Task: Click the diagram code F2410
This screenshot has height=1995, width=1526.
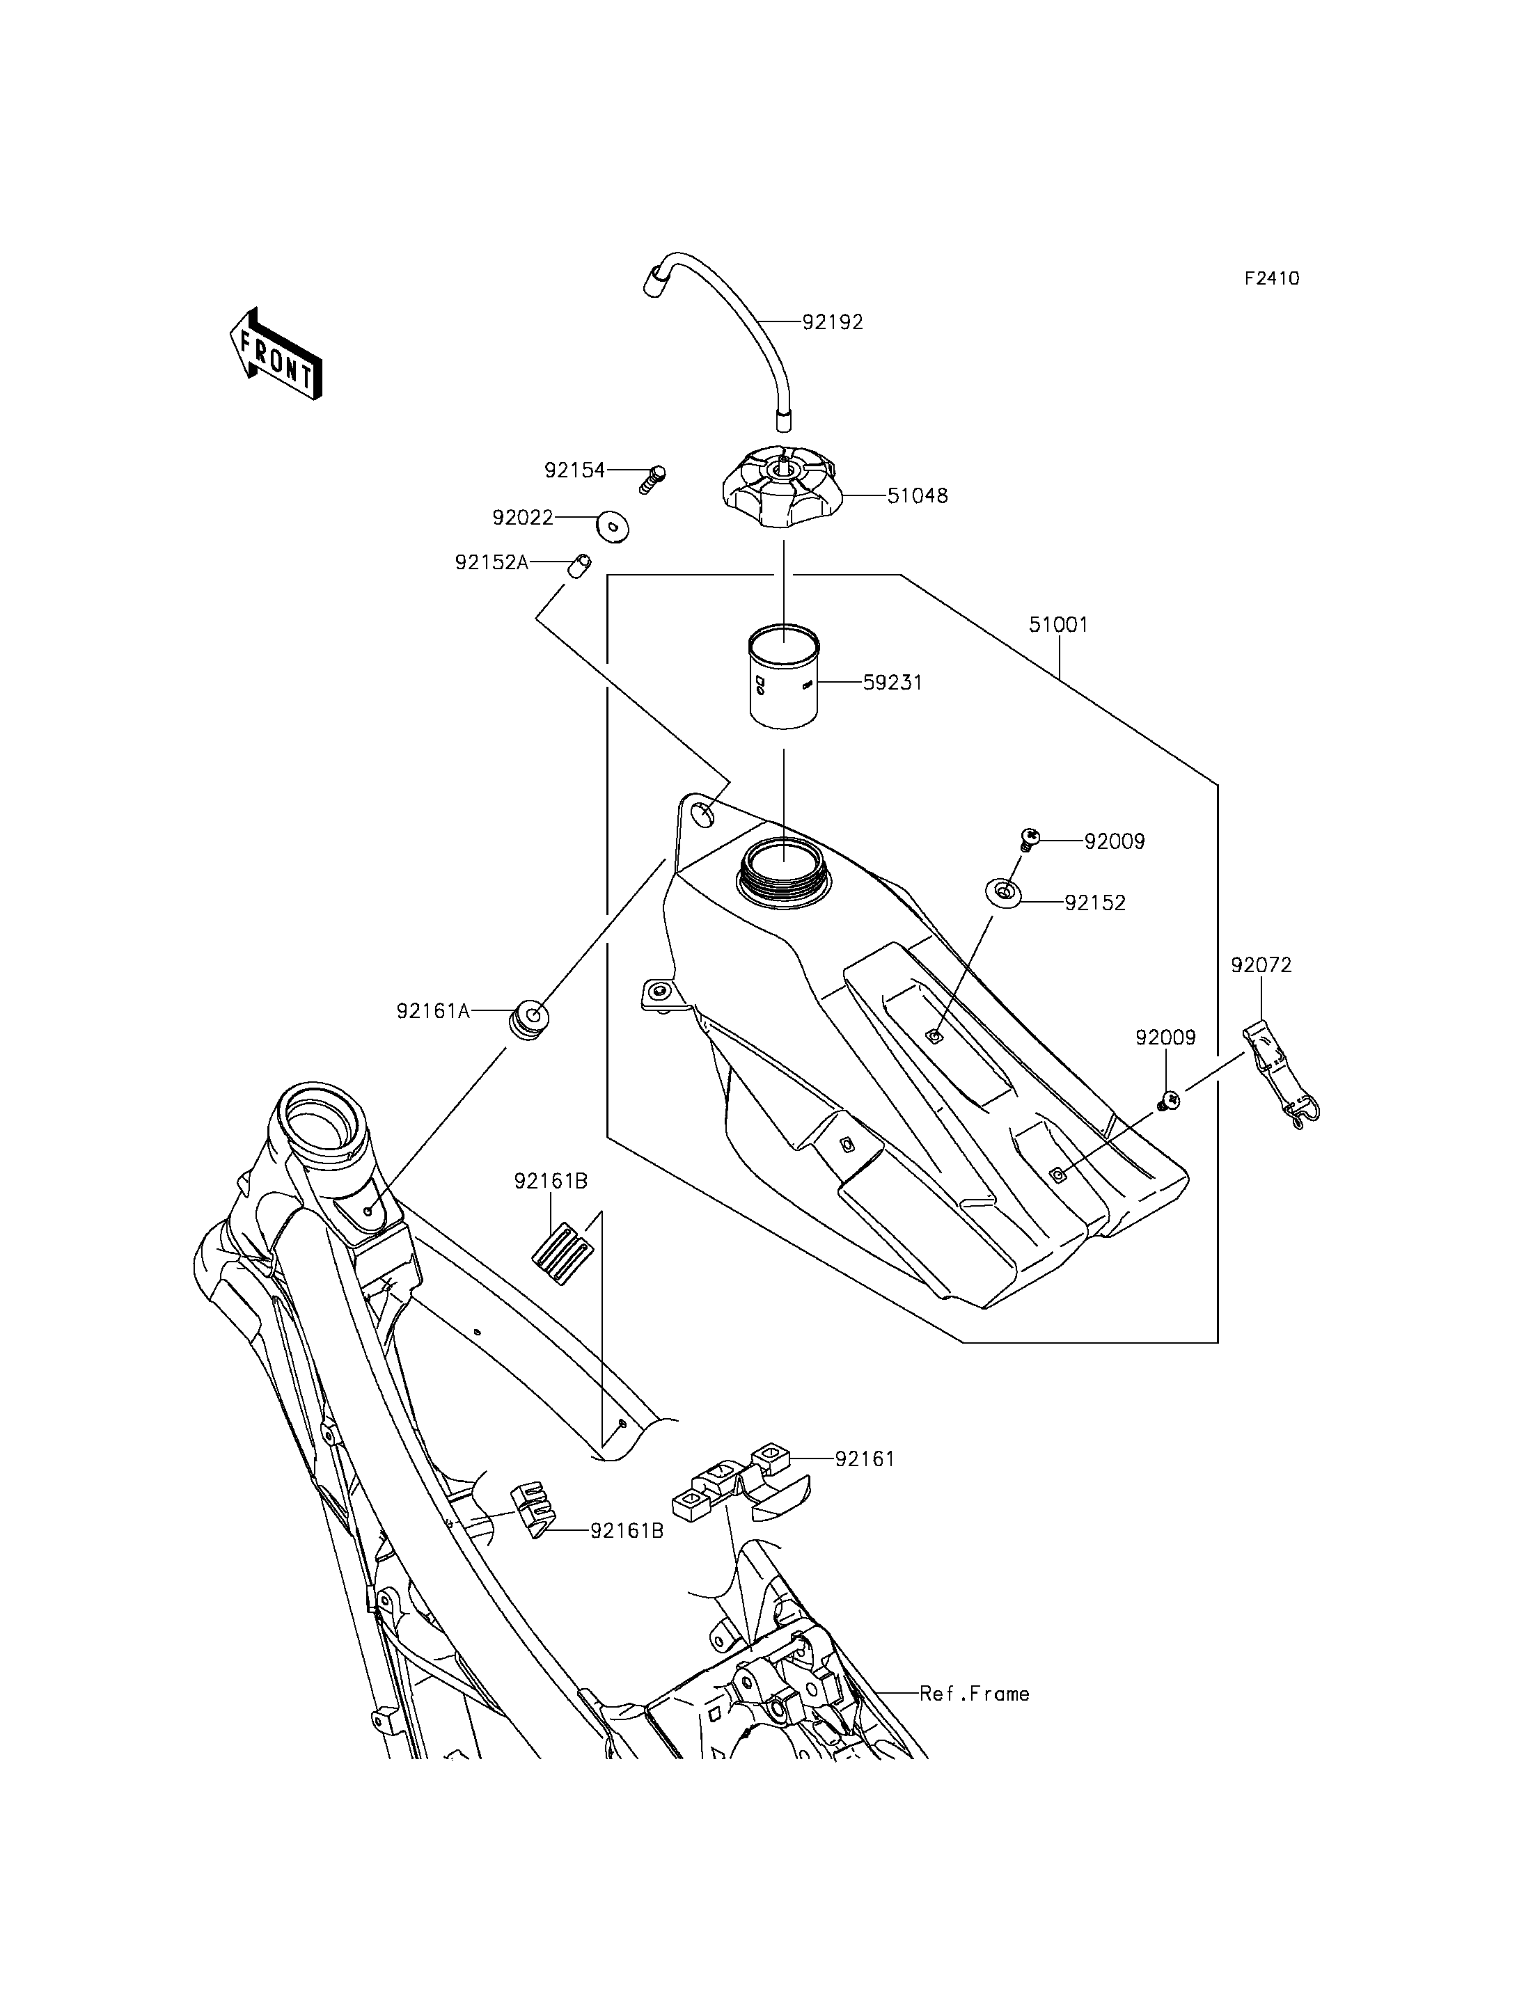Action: click(x=1272, y=279)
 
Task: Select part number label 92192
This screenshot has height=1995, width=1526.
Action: click(x=832, y=321)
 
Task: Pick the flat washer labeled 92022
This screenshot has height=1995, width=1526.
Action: click(x=615, y=527)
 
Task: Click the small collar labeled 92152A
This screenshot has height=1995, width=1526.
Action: click(x=579, y=566)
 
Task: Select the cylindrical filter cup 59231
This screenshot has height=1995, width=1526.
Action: click(x=783, y=676)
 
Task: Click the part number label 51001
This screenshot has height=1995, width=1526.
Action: click(x=1058, y=625)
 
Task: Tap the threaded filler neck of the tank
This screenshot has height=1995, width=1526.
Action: click(x=783, y=873)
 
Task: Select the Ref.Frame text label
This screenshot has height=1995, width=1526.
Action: click(x=975, y=1694)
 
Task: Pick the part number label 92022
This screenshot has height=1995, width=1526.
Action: click(x=524, y=518)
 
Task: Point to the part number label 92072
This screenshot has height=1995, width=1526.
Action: click(x=1261, y=965)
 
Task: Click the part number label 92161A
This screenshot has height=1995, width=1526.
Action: click(x=433, y=1010)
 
